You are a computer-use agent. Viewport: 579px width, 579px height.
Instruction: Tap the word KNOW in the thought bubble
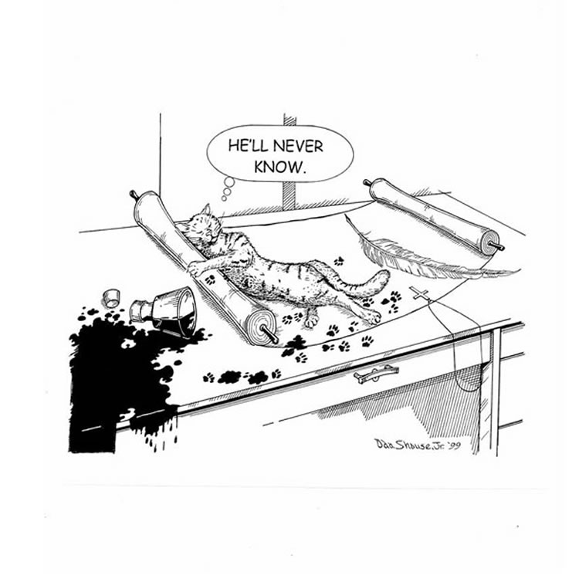[278, 167]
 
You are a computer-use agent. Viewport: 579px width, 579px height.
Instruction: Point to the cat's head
[201, 226]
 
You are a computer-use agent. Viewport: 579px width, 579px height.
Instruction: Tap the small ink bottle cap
[110, 298]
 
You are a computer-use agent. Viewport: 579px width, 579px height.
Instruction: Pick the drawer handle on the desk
[376, 374]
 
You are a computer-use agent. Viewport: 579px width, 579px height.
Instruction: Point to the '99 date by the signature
[452, 445]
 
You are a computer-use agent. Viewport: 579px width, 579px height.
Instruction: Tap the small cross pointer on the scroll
[421, 294]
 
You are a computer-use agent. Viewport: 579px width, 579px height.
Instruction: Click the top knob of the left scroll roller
[132, 194]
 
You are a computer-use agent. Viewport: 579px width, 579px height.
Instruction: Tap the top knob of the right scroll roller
[367, 182]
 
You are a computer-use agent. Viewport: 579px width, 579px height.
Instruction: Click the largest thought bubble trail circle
[229, 182]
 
